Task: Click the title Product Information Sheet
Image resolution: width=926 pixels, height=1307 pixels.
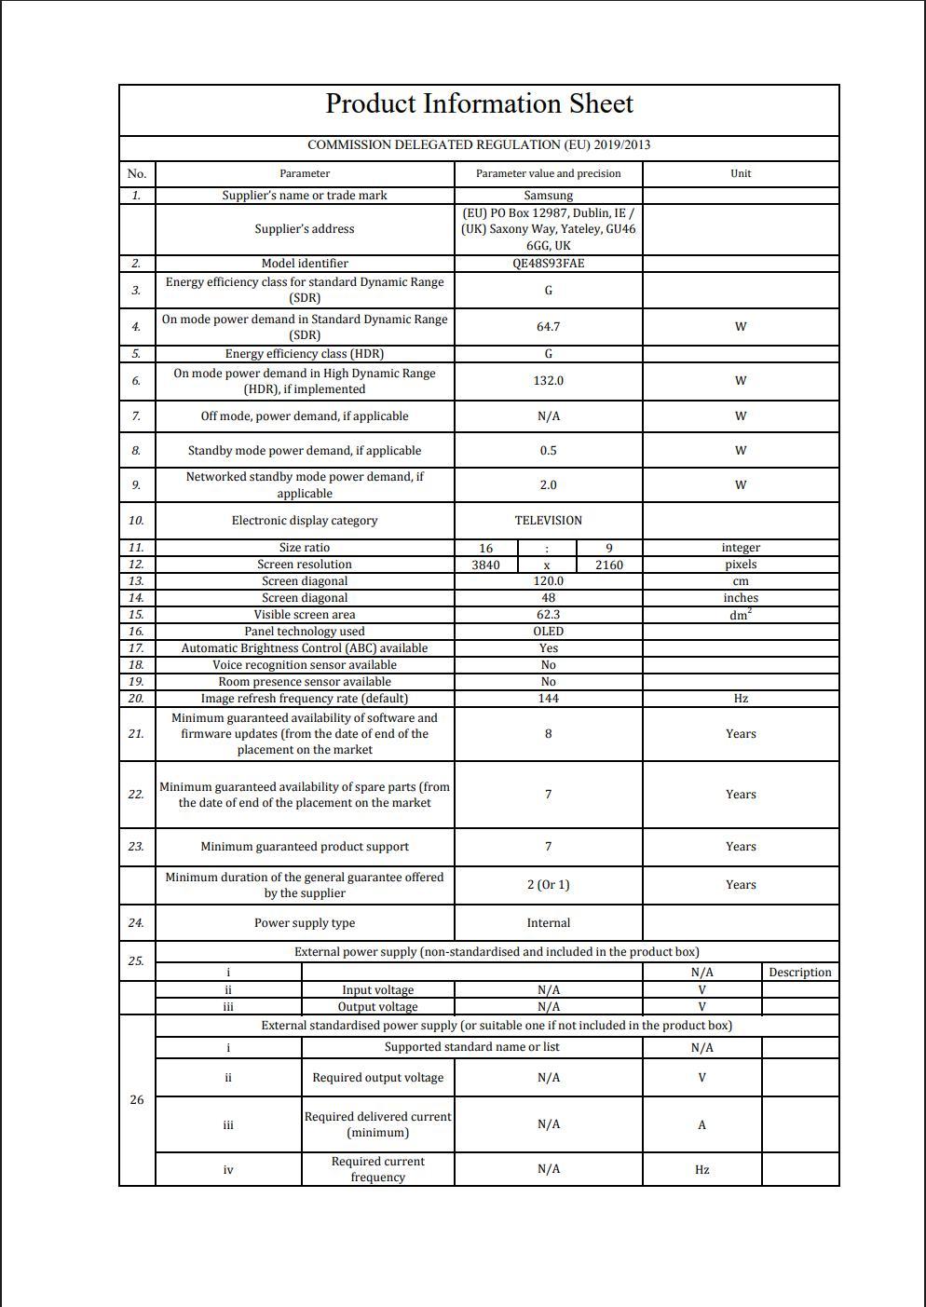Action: coord(479,104)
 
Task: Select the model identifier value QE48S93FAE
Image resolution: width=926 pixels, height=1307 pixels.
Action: coord(548,264)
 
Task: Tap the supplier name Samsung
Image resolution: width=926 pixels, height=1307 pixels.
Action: coord(548,196)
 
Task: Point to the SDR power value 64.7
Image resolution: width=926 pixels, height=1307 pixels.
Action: coord(548,327)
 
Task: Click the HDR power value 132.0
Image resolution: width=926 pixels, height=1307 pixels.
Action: coord(548,381)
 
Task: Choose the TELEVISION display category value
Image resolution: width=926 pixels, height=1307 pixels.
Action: coord(548,521)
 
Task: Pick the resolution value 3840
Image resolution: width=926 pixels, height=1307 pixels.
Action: coord(485,565)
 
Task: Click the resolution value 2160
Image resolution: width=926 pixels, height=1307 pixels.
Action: coord(608,565)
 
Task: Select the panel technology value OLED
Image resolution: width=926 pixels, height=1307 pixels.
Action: coord(548,632)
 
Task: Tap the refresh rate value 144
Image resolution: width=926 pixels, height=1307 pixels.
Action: coord(548,699)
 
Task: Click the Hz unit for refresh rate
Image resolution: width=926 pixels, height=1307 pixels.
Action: coord(741,699)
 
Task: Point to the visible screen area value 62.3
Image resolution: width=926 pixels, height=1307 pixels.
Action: coord(548,615)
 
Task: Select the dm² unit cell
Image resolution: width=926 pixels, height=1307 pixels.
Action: coord(741,615)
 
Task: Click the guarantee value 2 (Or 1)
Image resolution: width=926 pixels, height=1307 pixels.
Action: coord(548,885)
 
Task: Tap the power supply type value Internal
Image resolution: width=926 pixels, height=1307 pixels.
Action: coord(548,923)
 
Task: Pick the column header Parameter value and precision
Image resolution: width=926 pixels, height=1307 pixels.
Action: coord(548,173)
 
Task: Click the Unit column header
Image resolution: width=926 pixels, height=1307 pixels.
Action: coord(741,173)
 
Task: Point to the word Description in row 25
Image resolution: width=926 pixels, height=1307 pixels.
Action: coord(799,973)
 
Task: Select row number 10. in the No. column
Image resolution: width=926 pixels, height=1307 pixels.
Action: coord(136,521)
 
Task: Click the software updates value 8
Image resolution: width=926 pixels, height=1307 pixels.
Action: coord(548,734)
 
